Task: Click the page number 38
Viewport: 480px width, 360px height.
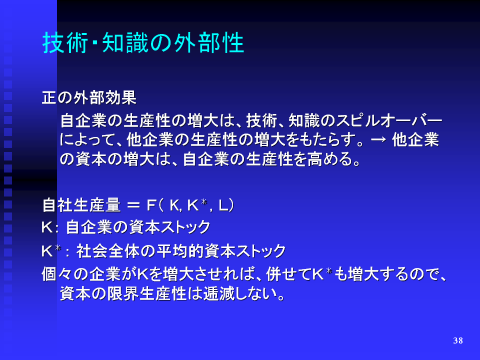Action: point(458,340)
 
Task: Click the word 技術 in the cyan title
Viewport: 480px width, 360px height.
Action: point(65,42)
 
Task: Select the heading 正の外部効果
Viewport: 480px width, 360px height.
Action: point(89,98)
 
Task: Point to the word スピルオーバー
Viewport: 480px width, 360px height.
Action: point(389,120)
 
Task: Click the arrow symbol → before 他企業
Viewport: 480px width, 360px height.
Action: point(378,140)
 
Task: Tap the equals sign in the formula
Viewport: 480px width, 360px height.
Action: point(133,205)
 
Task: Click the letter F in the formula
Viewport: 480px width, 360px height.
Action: point(151,205)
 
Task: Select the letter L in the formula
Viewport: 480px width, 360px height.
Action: point(223,205)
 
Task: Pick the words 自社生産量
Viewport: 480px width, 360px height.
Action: point(81,205)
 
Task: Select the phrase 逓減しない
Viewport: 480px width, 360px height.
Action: point(240,294)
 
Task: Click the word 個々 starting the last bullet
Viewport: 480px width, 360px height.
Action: point(57,274)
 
